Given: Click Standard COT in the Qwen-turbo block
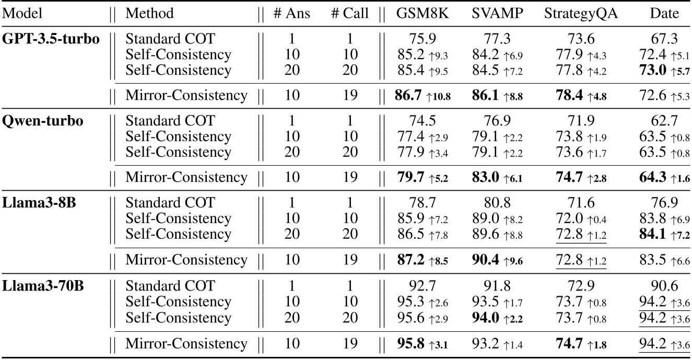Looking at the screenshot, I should [170, 121].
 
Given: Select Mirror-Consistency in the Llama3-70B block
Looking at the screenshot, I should [186, 343].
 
